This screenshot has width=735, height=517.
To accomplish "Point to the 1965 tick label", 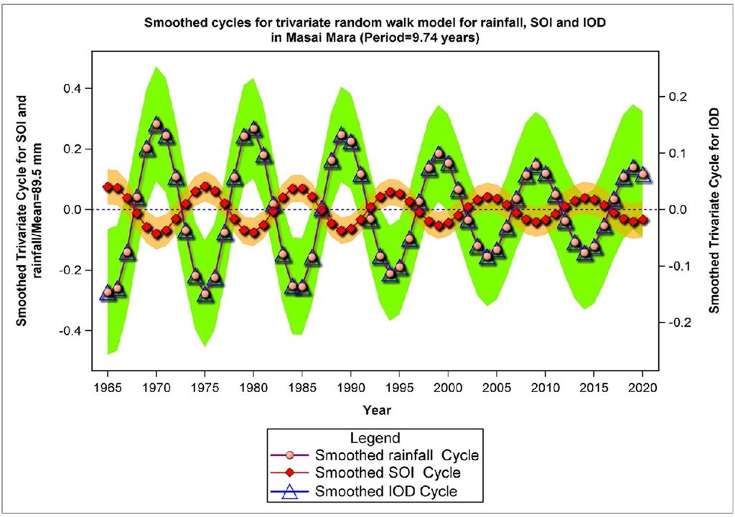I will tap(108, 386).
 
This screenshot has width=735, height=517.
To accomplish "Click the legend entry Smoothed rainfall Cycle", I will tap(396, 455).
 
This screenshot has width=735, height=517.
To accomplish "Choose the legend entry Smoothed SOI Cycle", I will tap(387, 473).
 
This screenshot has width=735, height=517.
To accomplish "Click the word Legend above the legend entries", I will tap(375, 437).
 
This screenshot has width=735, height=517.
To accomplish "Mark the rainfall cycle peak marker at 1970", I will tap(156, 124).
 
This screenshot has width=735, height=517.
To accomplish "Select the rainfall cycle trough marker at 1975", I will tap(205, 294).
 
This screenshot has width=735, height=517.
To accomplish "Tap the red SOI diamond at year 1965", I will tap(108, 187).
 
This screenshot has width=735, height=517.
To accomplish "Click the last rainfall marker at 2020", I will tap(643, 174).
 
